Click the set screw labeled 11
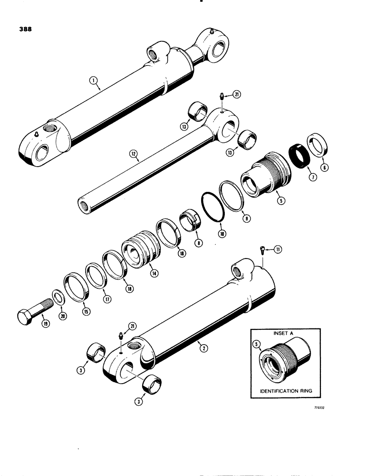pos(263,250)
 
